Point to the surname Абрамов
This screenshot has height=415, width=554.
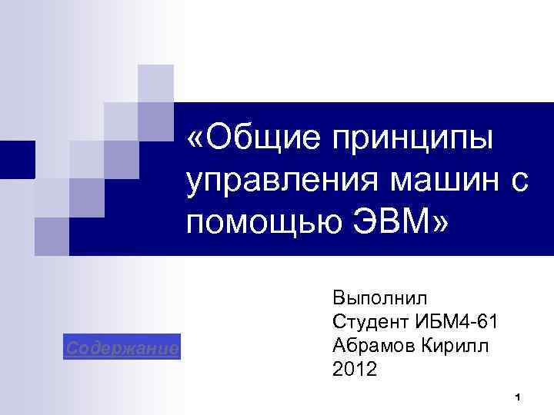tap(372, 345)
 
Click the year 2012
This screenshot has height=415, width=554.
tap(355, 370)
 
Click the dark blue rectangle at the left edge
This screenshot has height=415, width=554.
tap(17, 159)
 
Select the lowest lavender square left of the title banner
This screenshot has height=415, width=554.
tap(52, 234)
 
